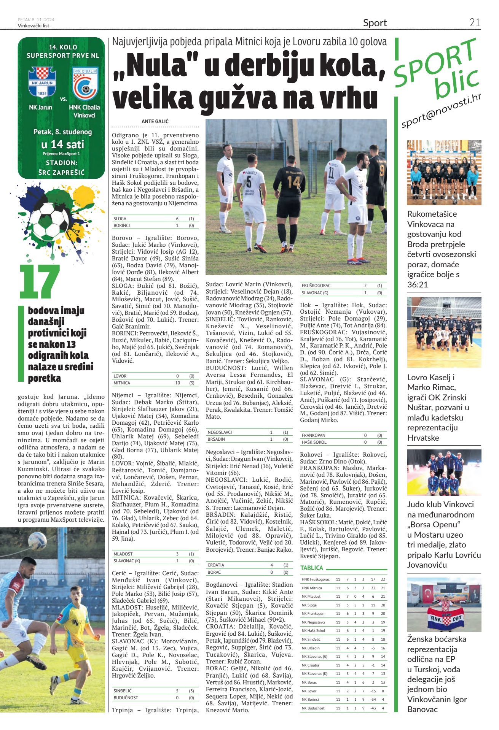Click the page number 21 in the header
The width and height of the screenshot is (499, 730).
pyautogui.click(x=475, y=23)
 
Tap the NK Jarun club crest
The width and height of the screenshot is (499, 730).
pyautogui.click(x=42, y=82)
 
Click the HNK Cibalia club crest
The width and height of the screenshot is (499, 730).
pyautogui.click(x=85, y=84)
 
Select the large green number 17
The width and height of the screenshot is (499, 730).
pyautogui.click(x=40, y=282)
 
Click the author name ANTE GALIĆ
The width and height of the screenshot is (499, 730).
pyautogui.click(x=155, y=121)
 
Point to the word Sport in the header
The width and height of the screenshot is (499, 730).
pyautogui.click(x=375, y=23)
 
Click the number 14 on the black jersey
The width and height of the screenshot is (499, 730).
pyautogui.click(x=293, y=182)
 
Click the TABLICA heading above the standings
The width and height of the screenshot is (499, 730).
pyautogui.click(x=311, y=568)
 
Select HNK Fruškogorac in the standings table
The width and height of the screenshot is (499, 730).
pyautogui.click(x=316, y=579)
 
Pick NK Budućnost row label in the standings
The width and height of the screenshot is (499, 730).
pyautogui.click(x=313, y=708)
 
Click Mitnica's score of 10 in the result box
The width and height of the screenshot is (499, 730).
pyautogui.click(x=177, y=383)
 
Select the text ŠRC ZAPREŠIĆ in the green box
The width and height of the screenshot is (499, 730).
pyautogui.click(x=61, y=172)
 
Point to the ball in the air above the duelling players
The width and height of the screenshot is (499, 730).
pyautogui.click(x=38, y=540)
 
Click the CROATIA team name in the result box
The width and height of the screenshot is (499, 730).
pyautogui.click(x=216, y=565)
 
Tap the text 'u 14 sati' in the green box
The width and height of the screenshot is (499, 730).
pyautogui.click(x=62, y=144)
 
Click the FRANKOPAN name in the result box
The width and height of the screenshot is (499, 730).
pyautogui.click(x=313, y=435)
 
